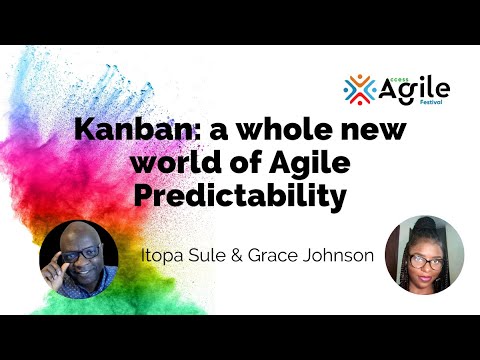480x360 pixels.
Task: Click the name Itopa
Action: [x=163, y=255]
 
